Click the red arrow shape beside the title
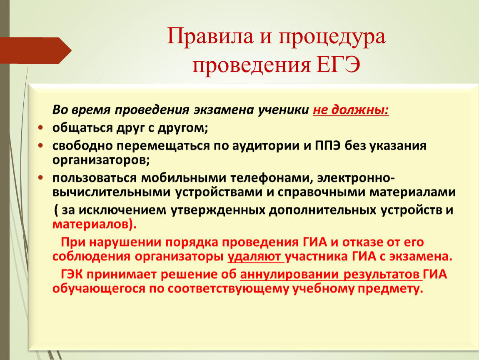click(x=36, y=50)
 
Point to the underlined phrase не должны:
click(x=351, y=110)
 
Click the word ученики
click(x=283, y=110)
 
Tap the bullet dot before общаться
click(x=41, y=127)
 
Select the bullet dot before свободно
click(x=41, y=146)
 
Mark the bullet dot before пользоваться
click(x=41, y=177)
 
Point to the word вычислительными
click(x=112, y=192)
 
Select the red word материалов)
click(x=95, y=225)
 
